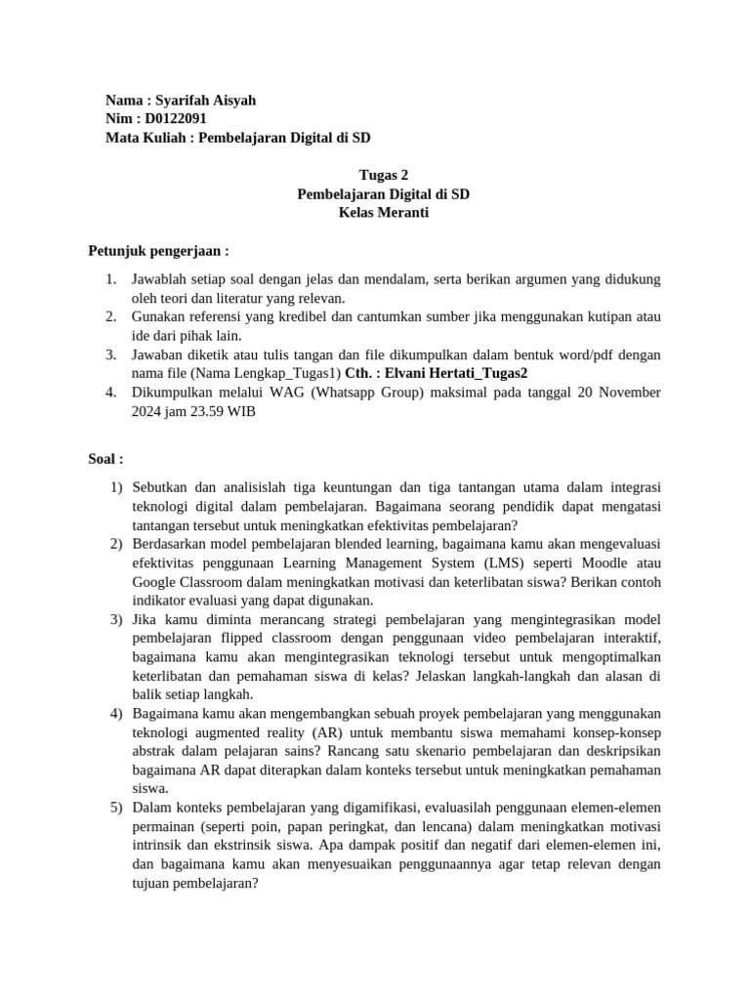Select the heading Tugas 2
[x=384, y=176]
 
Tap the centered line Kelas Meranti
[x=384, y=213]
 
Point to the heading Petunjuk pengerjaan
[x=158, y=251]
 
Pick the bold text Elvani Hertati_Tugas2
[x=457, y=373]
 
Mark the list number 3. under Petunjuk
[x=111, y=354]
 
